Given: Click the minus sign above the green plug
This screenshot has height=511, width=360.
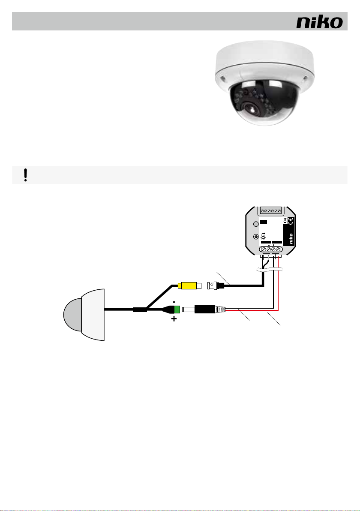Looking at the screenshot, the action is click(174, 301).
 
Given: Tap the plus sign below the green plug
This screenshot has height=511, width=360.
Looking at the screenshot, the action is click(174, 319).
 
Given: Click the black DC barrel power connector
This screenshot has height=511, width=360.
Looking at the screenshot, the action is click(207, 309).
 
